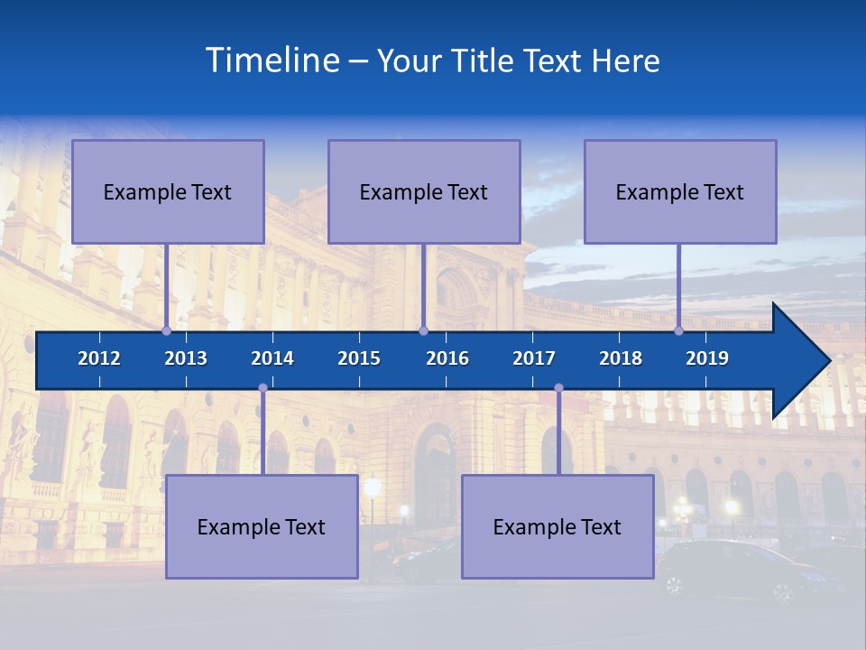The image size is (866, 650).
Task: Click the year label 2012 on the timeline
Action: (99, 358)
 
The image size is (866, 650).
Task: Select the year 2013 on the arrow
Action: (186, 358)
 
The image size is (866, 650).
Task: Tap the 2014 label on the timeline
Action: (272, 358)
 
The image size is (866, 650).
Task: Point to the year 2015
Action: (359, 358)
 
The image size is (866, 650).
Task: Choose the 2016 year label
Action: (447, 358)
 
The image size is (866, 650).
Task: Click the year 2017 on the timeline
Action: (534, 358)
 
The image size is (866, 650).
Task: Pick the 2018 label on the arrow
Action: (621, 358)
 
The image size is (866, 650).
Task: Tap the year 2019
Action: (707, 358)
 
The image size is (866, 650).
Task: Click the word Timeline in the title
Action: (272, 60)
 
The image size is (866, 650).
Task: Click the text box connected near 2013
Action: (168, 191)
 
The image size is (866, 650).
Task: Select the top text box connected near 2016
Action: (424, 191)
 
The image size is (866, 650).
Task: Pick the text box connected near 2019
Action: (680, 191)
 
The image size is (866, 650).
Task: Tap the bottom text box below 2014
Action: (262, 526)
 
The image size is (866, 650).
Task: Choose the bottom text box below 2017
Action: (557, 526)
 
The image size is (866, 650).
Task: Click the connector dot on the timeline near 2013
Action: (166, 331)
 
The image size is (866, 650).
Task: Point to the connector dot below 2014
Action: (263, 388)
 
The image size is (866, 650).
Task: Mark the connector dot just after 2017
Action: (558, 388)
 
